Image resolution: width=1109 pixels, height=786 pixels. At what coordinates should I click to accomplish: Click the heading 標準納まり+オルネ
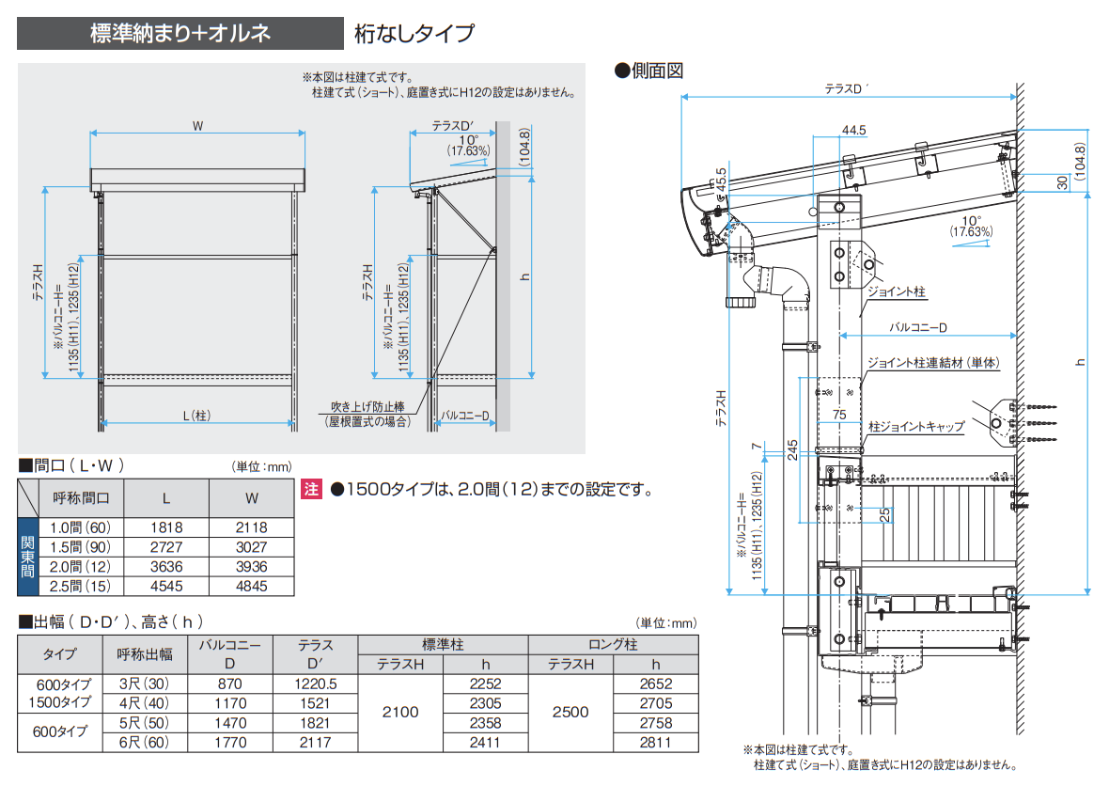tap(180, 34)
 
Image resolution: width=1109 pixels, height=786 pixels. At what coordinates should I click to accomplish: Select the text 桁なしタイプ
tap(414, 35)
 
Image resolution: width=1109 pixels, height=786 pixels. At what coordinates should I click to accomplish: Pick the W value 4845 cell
tap(251, 586)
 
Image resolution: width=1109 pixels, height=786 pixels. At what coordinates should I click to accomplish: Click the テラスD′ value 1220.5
tap(316, 684)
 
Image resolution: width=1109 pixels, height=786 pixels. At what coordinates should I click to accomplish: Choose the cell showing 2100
tap(399, 713)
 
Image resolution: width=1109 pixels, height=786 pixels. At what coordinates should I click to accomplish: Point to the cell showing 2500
tap(570, 713)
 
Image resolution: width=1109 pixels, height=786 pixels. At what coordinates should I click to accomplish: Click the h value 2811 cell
tap(655, 742)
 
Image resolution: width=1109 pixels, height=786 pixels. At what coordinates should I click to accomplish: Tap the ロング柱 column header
tap(613, 645)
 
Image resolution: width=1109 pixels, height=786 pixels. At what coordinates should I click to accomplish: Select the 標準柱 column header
tap(443, 645)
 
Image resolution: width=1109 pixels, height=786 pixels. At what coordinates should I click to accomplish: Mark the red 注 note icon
tap(311, 489)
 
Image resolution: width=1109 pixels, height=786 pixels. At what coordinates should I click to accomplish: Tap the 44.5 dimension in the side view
tap(853, 129)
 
